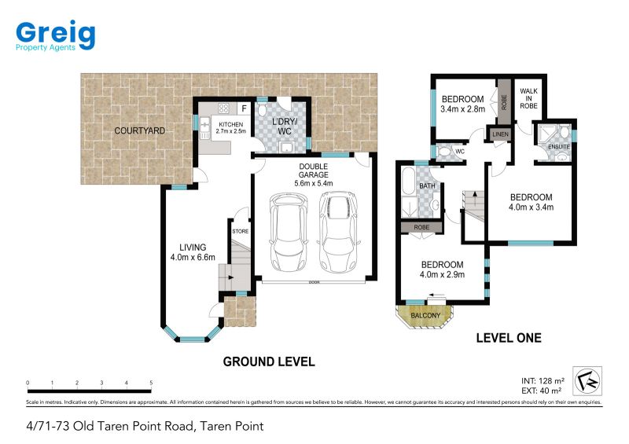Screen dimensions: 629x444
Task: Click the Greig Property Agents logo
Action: (x=55, y=35)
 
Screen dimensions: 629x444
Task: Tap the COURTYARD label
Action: (x=140, y=130)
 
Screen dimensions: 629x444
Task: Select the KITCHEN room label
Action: (x=230, y=125)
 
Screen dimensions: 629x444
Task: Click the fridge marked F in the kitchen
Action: (x=244, y=108)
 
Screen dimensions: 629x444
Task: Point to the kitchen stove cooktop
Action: (x=223, y=108)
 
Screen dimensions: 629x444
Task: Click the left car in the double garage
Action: (x=289, y=232)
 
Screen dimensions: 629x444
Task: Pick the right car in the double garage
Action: (x=338, y=232)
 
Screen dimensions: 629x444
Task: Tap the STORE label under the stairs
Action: (x=241, y=231)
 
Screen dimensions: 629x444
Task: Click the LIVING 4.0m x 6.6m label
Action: (x=193, y=252)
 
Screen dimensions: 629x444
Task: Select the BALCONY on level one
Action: (x=425, y=316)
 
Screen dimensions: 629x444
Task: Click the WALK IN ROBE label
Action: (x=528, y=99)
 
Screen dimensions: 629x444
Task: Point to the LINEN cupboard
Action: (x=500, y=134)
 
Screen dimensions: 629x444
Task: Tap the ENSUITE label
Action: (x=559, y=147)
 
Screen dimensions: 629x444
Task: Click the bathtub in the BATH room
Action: (x=408, y=182)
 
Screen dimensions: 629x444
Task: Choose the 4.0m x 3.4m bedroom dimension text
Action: (x=532, y=207)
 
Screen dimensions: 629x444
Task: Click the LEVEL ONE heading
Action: (x=509, y=338)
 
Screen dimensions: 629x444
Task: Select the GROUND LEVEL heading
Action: (x=269, y=361)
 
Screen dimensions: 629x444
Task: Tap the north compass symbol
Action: (x=587, y=381)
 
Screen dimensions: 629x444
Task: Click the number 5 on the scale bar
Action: (x=151, y=383)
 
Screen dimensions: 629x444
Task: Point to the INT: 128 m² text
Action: (x=543, y=380)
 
